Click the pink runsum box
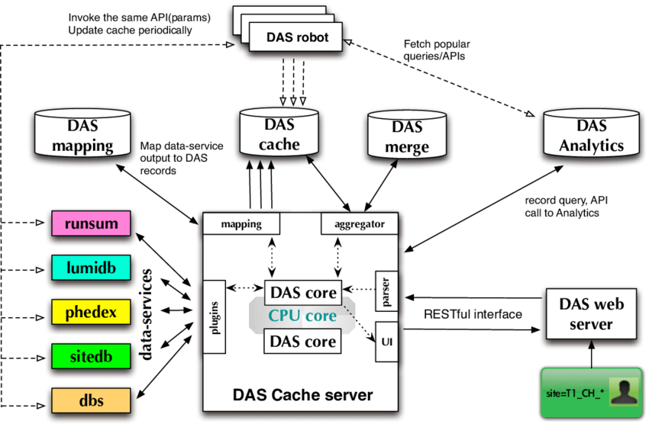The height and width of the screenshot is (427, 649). pos(90,224)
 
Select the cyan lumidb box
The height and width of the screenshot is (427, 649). pos(90,268)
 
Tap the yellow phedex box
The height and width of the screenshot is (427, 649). pos(90,311)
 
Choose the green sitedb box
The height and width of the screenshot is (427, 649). pos(90,355)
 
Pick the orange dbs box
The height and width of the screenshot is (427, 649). pos(90,399)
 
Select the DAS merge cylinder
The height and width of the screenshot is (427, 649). pos(405,137)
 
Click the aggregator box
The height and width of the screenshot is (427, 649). pos(359,224)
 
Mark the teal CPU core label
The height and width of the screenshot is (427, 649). pos(302,315)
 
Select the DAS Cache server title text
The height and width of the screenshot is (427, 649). pos(302,395)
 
